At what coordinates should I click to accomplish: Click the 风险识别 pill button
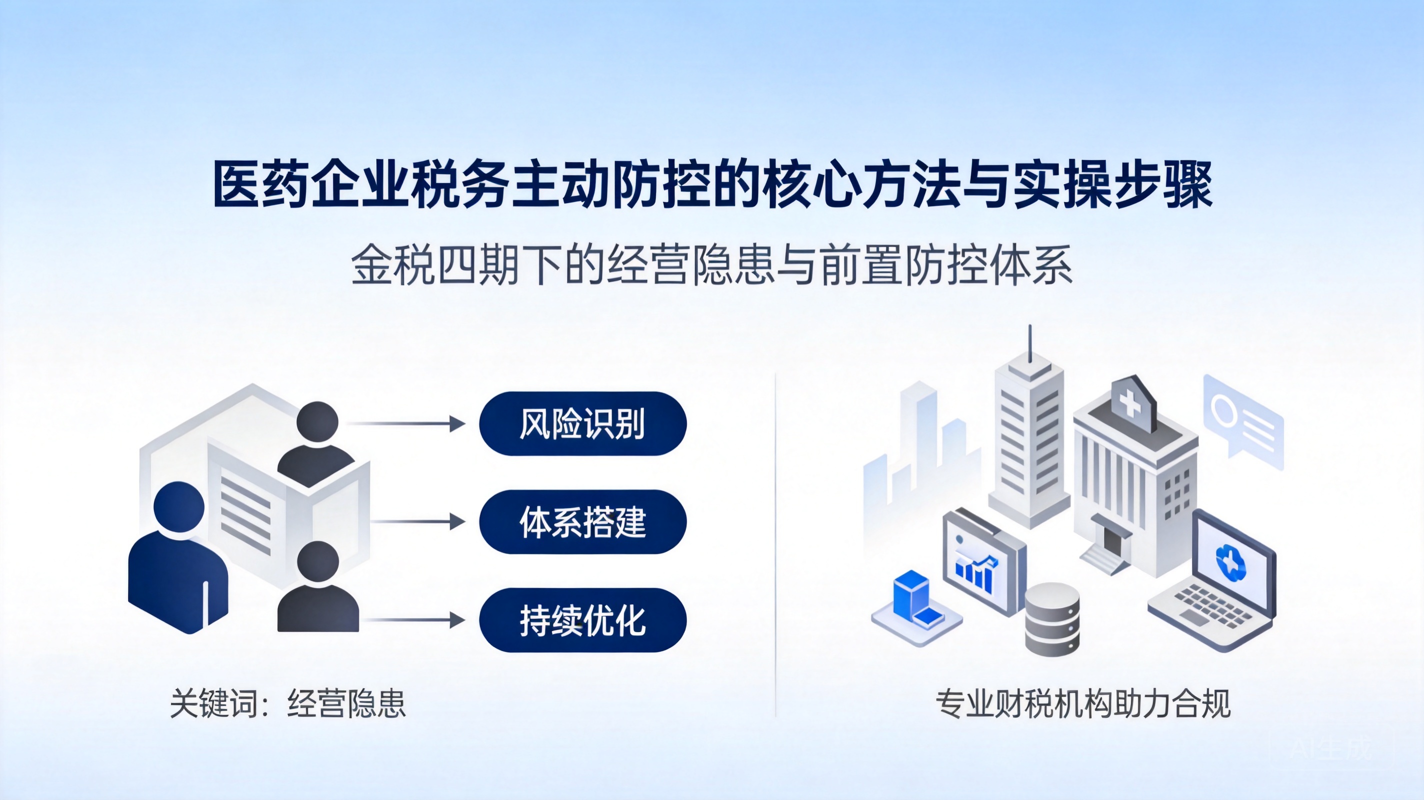pos(582,423)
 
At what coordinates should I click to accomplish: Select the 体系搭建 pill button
pos(582,521)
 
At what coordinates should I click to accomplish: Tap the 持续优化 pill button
pos(582,620)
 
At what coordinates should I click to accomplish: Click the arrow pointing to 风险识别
pos(407,423)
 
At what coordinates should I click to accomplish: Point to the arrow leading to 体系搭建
pos(418,521)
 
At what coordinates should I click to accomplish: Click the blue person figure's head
pos(178,507)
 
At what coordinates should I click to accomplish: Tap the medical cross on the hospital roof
pos(1130,403)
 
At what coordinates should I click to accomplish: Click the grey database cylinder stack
pos(1052,619)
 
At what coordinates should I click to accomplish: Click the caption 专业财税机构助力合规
pos(1083,704)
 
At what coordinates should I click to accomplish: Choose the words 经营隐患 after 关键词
pos(346,704)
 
